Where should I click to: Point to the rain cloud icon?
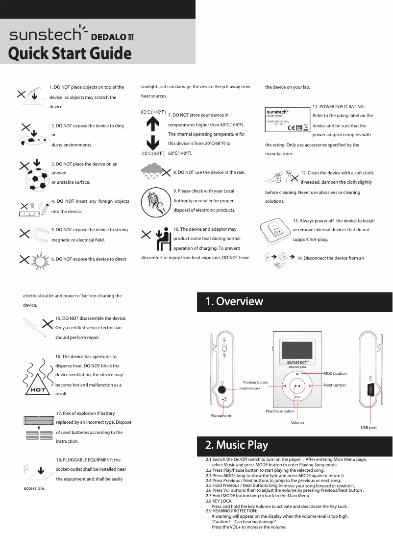152,172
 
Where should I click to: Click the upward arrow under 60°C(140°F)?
153,124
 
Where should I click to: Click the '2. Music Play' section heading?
237,445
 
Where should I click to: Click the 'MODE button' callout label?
335,374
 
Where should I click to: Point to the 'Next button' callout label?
335,386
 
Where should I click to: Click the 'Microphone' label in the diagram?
221,415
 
